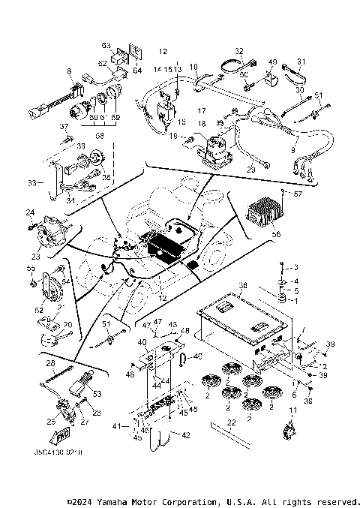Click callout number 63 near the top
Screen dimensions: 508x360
pos(106,46)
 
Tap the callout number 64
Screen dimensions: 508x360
pos(137,71)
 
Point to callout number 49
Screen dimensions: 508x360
pos(272,62)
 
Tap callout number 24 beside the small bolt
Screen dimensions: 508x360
pos(31,212)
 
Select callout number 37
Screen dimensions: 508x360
pos(64,127)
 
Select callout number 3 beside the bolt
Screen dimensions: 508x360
pos(295,268)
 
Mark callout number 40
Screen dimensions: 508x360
pos(142,343)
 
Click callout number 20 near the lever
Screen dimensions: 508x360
pos(67,324)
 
